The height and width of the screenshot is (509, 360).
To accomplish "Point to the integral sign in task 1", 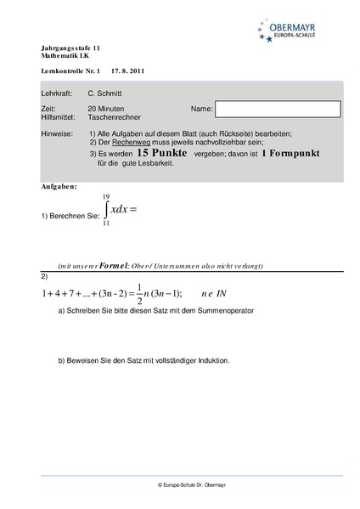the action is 107,209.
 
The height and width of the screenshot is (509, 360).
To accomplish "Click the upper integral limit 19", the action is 106,195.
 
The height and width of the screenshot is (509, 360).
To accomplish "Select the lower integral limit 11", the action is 106,223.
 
